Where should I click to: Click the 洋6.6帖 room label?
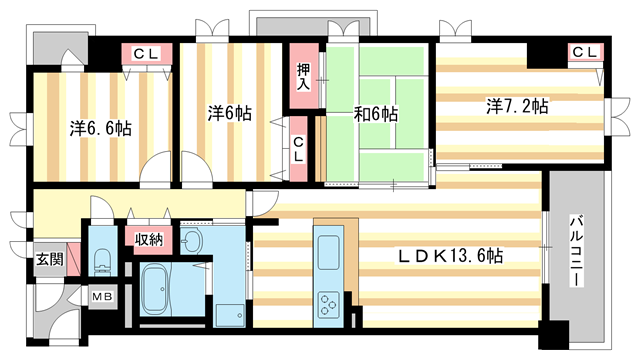pyautogui.click(x=101, y=127)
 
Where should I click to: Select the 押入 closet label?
pyautogui.click(x=303, y=77)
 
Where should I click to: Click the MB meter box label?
pyautogui.click(x=103, y=296)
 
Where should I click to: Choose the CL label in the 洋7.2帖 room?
pyautogui.click(x=584, y=50)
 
